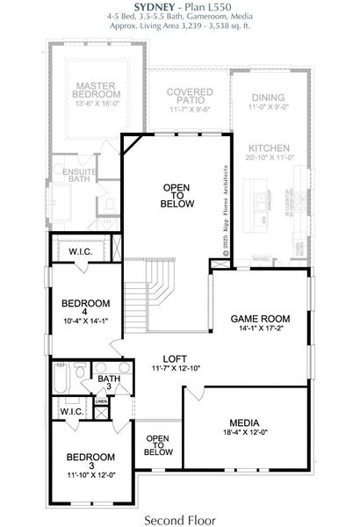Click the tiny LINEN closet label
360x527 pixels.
point(102,401)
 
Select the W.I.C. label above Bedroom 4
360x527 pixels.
point(81,252)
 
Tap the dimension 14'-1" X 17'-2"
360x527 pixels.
point(256,328)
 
